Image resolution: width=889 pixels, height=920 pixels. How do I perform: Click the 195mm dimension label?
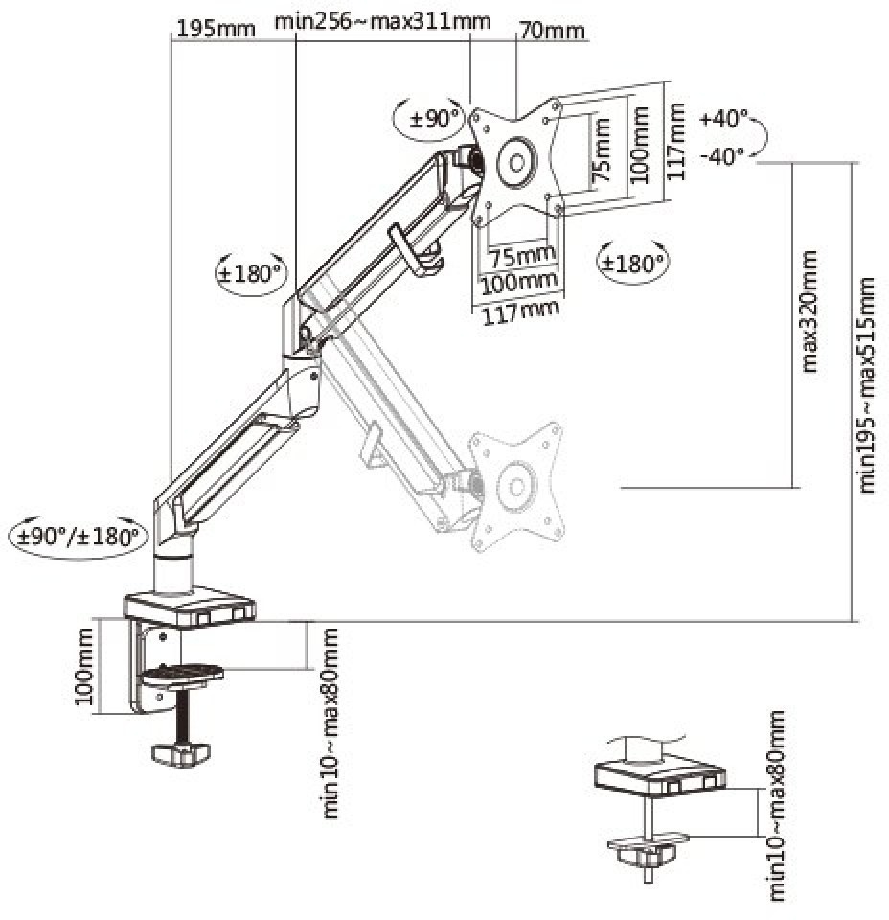(216, 27)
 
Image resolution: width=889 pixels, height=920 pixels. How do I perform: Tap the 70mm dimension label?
(551, 30)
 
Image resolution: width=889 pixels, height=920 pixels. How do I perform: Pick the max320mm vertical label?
(810, 310)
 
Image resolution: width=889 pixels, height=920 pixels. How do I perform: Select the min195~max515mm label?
(868, 384)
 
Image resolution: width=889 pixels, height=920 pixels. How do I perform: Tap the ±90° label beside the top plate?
(435, 119)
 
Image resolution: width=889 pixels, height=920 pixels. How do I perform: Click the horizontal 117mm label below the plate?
(515, 309)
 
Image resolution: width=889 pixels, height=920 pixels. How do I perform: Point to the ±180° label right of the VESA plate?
(633, 262)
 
